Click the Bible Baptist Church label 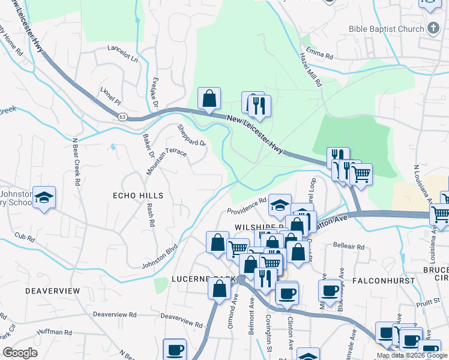tap(387, 28)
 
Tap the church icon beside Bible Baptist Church tap(433, 28)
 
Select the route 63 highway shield tap(122, 116)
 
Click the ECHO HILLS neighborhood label tap(138, 196)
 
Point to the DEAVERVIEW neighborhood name tap(53, 290)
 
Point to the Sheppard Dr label tap(191, 136)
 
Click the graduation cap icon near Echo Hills tap(44, 198)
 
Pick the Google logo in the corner tap(20, 353)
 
